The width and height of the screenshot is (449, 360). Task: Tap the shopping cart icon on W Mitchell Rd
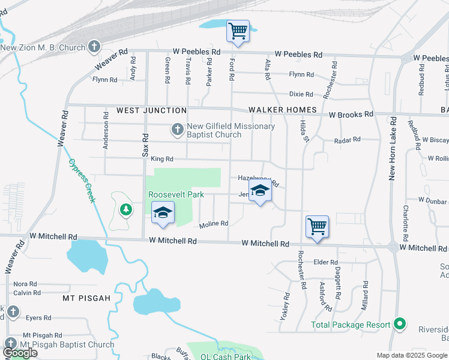pos(317,227)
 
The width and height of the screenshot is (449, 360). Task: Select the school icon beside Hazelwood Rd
pos(260,192)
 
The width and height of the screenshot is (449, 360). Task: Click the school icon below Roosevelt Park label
pos(162,214)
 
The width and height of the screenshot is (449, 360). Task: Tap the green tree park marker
pos(125,209)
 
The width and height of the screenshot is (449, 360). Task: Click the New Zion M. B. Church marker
pos(94,46)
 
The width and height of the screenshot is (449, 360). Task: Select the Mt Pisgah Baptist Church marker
pos(11,344)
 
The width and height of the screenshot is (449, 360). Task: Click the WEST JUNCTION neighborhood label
pos(151,110)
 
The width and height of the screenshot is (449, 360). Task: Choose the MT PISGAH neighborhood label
pos(87,298)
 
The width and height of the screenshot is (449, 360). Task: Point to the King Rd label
pos(161,159)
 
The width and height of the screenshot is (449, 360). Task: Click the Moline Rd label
pos(214,224)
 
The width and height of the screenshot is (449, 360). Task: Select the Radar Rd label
pos(347,139)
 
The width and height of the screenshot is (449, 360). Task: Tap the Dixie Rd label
pos(301,94)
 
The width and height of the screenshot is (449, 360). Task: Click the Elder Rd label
pos(327,262)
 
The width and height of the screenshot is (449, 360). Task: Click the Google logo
pos(19,353)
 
